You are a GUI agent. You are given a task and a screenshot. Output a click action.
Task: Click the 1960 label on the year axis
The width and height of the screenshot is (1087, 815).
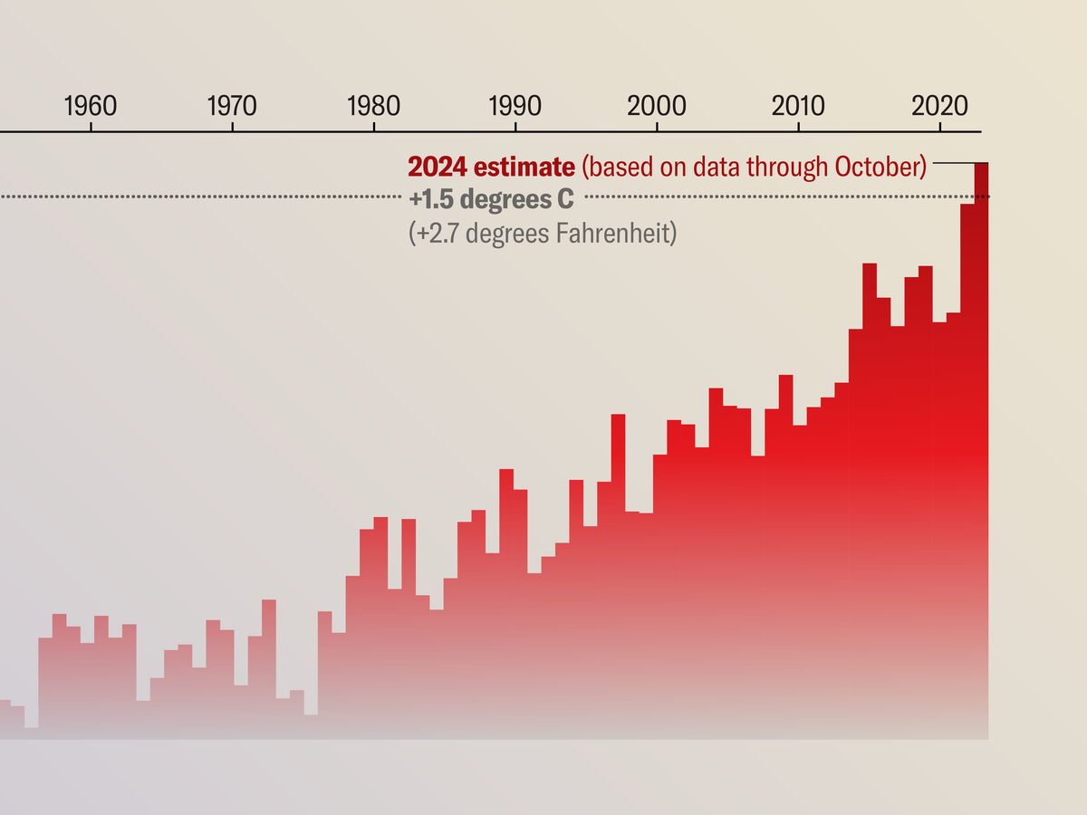[x=91, y=105]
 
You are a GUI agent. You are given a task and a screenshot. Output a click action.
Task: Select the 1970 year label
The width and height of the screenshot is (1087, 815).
[x=232, y=105]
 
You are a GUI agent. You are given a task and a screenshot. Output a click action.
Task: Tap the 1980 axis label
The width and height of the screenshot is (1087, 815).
[x=373, y=105]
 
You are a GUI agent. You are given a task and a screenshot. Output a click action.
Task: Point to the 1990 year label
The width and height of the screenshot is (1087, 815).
[x=515, y=105]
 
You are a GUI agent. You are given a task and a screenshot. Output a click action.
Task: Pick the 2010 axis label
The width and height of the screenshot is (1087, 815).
[x=798, y=105]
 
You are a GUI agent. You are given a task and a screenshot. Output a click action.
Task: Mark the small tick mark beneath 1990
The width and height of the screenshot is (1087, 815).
[x=515, y=128]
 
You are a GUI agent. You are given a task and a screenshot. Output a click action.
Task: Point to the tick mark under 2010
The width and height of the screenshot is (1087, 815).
[x=798, y=128]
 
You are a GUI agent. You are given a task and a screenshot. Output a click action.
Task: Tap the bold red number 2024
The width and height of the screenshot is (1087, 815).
[x=438, y=168]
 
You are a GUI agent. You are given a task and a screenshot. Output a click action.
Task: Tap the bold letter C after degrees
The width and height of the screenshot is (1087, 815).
[x=566, y=199]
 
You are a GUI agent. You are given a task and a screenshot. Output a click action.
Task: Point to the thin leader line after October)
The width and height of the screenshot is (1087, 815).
[x=952, y=163]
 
